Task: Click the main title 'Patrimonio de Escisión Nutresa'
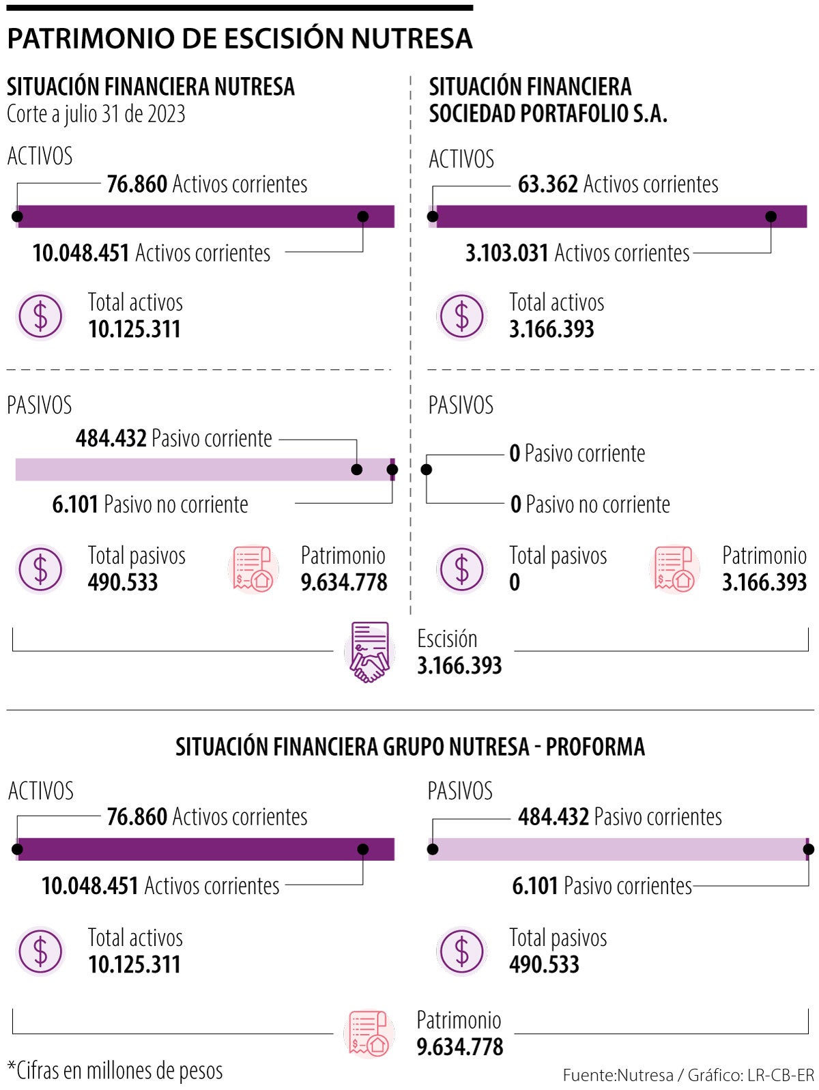[240, 38]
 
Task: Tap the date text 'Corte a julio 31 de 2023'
[96, 114]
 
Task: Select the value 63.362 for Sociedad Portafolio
[547, 184]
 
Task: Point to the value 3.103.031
[507, 253]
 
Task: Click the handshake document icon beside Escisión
[369, 652]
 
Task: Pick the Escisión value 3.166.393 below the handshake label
[459, 665]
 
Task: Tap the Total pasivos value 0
[515, 582]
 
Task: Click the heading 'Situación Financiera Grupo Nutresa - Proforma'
[409, 747]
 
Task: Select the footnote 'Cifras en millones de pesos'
[115, 1070]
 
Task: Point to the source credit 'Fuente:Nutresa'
[618, 1076]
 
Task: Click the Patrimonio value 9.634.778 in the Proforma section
[459, 1047]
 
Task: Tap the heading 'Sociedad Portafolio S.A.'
[547, 113]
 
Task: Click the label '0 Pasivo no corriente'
[590, 505]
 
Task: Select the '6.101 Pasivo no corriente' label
[150, 505]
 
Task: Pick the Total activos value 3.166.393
[551, 330]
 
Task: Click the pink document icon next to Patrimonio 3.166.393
[674, 569]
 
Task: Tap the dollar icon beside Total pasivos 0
[462, 569]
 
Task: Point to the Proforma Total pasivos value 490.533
[544, 964]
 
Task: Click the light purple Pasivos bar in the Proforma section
[618, 849]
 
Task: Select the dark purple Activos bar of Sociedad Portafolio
[618, 216]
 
